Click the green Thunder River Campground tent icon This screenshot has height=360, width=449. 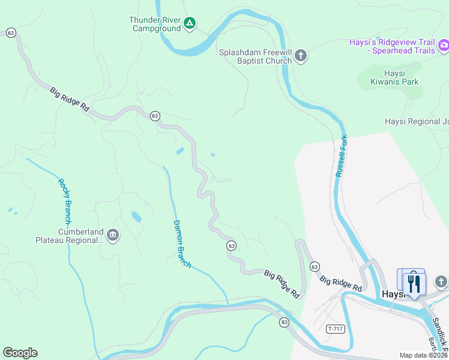189,24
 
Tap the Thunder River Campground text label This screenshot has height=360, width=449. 155,24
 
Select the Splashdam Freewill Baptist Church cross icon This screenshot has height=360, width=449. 301,56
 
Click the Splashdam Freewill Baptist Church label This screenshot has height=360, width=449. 256,56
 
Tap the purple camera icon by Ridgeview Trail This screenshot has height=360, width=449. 444,44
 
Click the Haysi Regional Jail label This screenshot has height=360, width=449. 417,121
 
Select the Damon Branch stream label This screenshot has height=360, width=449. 181,244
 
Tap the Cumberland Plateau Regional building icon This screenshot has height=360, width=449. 113,235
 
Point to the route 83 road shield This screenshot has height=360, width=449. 284,322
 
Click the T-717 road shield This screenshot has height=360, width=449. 336,329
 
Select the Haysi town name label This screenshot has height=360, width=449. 393,295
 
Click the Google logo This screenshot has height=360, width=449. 20,353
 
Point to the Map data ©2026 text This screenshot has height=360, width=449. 423,355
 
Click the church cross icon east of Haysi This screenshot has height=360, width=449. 441,281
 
